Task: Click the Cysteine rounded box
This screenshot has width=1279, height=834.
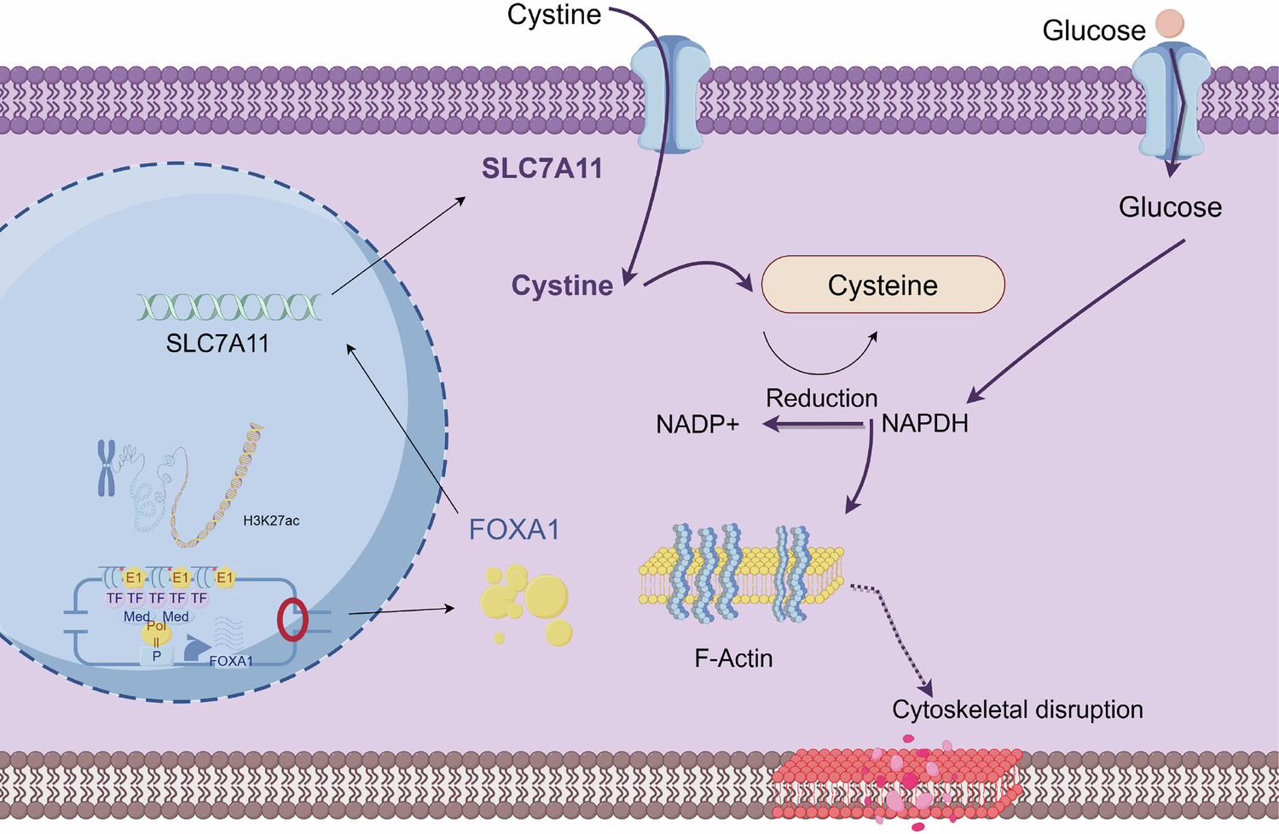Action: tap(883, 285)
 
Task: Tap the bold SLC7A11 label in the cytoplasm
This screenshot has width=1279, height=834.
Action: tap(542, 169)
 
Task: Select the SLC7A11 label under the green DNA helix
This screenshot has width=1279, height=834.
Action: tap(217, 344)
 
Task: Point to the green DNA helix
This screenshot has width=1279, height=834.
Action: tap(229, 307)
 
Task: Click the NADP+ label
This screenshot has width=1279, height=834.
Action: tap(697, 424)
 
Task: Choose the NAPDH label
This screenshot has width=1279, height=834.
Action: tap(925, 424)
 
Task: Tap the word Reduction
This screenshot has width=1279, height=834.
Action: tap(821, 398)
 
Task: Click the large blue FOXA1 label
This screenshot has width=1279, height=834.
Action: tap(514, 530)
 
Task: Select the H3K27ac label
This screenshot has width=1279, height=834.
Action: tap(271, 521)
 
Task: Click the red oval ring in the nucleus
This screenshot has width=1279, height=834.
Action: tap(292, 620)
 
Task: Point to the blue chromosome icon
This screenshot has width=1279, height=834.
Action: tap(106, 467)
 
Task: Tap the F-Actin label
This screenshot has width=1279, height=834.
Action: tap(733, 658)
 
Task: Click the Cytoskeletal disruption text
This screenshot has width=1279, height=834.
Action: tap(1017, 709)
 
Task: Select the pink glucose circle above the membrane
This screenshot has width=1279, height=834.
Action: tap(1170, 23)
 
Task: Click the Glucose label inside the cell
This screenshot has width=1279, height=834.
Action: tap(1170, 207)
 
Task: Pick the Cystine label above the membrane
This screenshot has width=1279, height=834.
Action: tap(554, 14)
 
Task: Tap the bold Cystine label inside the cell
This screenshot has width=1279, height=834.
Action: tap(562, 286)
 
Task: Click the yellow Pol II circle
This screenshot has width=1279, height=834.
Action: tap(157, 632)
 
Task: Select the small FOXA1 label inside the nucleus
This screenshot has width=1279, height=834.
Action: tap(231, 661)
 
